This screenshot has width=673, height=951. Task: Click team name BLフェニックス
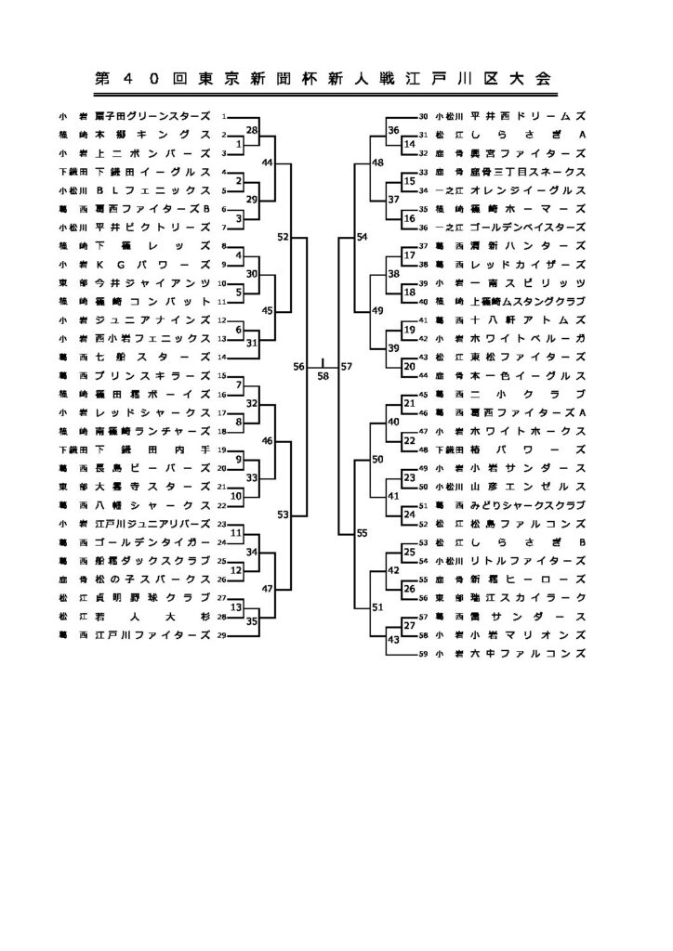pyautogui.click(x=151, y=190)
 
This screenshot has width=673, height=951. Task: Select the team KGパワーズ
pyautogui.click(x=151, y=264)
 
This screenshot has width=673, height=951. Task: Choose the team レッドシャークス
pyautogui.click(x=151, y=412)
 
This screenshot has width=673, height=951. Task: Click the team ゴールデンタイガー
pyautogui.click(x=151, y=541)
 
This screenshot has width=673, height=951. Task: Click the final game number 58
pyautogui.click(x=323, y=376)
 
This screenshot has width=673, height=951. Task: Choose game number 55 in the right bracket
pyautogui.click(x=362, y=533)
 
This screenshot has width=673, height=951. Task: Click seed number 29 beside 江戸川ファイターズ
pyautogui.click(x=222, y=635)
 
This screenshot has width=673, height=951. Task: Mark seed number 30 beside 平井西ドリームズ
pyautogui.click(x=423, y=116)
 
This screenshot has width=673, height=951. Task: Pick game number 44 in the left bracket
pyautogui.click(x=268, y=163)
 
